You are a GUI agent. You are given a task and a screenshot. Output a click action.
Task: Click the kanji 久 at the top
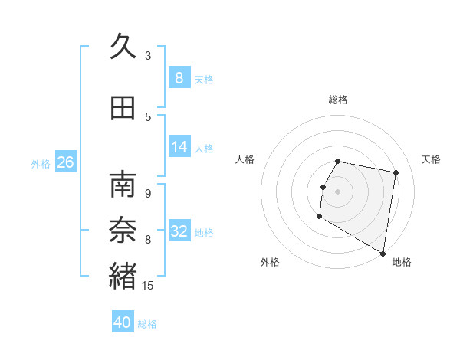(123, 47)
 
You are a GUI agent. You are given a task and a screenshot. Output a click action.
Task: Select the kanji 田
(123, 108)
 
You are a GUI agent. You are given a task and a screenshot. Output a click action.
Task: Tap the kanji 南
(123, 185)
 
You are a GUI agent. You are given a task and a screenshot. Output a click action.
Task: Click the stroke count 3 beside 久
(148, 55)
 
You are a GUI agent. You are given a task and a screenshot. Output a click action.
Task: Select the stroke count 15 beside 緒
(149, 286)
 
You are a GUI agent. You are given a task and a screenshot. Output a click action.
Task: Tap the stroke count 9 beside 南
(148, 193)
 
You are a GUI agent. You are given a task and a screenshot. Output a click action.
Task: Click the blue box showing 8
(179, 78)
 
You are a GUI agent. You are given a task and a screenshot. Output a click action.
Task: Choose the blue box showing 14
(179, 147)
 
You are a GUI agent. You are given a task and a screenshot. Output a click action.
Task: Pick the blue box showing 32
(179, 231)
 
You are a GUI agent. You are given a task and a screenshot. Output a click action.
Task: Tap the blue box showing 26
(66, 162)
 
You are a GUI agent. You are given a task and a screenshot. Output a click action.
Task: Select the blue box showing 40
(123, 322)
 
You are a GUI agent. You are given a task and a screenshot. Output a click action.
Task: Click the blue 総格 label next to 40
(147, 324)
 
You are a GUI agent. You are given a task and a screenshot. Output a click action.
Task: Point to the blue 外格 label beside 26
(41, 163)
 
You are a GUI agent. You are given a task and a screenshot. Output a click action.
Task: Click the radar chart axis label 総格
(338, 100)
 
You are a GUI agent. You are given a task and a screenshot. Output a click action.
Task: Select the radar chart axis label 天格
(432, 159)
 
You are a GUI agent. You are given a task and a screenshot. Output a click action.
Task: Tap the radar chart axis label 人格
(245, 159)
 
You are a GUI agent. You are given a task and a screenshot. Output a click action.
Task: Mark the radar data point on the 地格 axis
(383, 254)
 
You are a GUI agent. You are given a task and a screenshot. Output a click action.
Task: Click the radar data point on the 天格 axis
(396, 173)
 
